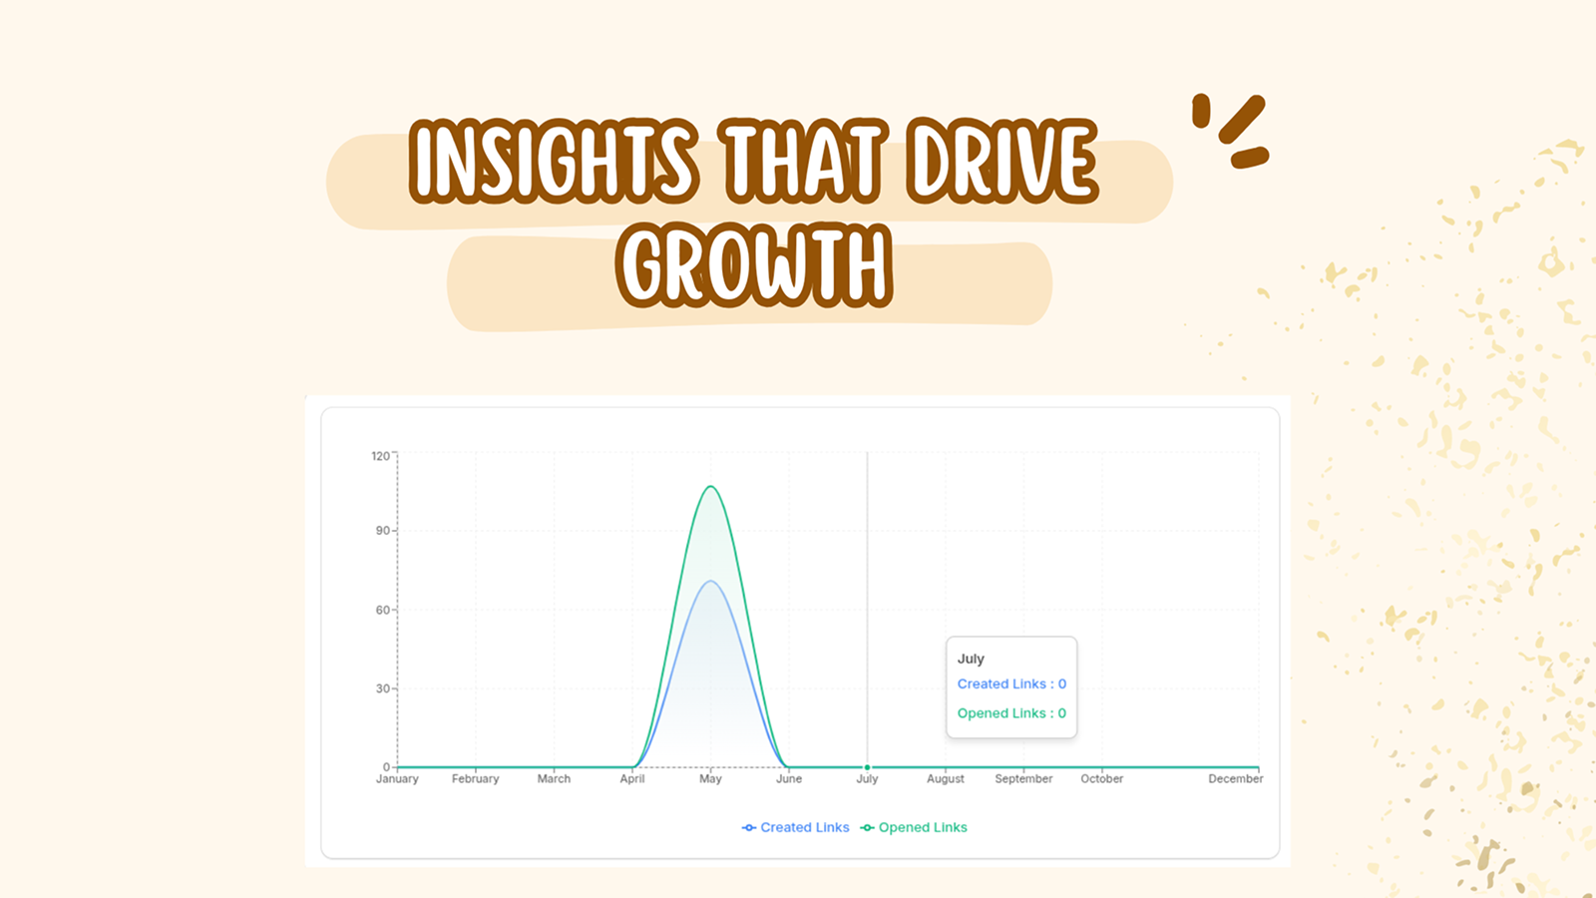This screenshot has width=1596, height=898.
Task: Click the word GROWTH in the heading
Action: coord(754,265)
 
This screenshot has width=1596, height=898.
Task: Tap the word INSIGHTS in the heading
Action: coord(553,160)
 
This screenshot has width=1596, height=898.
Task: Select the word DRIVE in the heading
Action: coord(1002,160)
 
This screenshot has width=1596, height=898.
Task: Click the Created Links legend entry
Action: coord(796,827)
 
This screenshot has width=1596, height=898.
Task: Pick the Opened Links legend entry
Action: coord(914,827)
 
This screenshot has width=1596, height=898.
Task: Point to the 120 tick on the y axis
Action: coord(380,456)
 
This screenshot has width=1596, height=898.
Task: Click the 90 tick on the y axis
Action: coord(383,531)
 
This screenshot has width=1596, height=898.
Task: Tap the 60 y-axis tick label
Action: coord(383,610)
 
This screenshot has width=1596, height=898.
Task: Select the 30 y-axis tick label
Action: coord(383,688)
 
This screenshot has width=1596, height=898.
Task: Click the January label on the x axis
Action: coord(397,779)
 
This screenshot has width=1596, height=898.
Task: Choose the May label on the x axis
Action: coord(710,779)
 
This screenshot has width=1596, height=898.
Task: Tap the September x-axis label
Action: coord(1023,779)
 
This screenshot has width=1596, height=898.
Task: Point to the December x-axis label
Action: coord(1236,779)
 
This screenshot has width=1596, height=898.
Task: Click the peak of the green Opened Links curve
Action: coord(710,486)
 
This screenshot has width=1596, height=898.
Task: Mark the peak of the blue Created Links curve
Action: coord(710,582)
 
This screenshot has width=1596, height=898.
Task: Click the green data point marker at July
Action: coord(867,767)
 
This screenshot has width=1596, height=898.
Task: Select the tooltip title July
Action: coord(971,660)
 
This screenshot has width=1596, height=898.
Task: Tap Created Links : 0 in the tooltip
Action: coord(1011,684)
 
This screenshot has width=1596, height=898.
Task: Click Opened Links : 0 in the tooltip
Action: coord(1011,713)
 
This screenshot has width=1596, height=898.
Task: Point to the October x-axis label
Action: coord(1101,779)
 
